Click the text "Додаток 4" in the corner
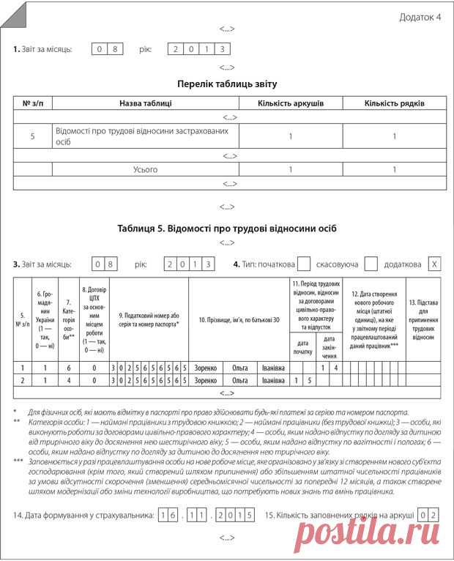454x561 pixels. tap(420, 18)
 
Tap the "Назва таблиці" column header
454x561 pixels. tap(146, 104)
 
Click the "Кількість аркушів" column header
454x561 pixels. tap(291, 104)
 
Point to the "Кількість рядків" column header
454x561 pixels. tap(394, 104)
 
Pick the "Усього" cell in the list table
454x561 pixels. tap(146, 169)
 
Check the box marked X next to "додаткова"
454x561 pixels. tap(434, 264)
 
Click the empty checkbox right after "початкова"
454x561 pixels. tap(306, 264)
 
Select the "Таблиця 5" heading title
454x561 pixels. tap(227, 228)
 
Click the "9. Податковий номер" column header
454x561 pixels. tap(149, 319)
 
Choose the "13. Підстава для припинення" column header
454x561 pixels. tap(423, 319)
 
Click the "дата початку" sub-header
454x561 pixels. tap(302, 347)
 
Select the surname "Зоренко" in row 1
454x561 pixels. tap(206, 368)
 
